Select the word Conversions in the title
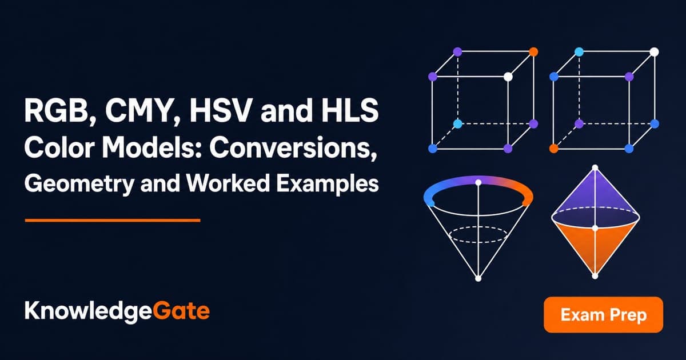(293, 148)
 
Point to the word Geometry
(79, 184)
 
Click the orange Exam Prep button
(603, 314)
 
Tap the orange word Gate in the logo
(181, 311)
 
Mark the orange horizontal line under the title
(113, 220)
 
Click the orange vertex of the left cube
(533, 52)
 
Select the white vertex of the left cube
(508, 77)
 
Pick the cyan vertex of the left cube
(457, 123)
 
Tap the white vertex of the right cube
(654, 52)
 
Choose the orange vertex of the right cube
(554, 149)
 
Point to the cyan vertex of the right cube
(579, 52)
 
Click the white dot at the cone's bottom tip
(478, 278)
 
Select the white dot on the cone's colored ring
(478, 183)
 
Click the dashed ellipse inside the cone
(478, 227)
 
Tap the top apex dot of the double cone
(595, 167)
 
